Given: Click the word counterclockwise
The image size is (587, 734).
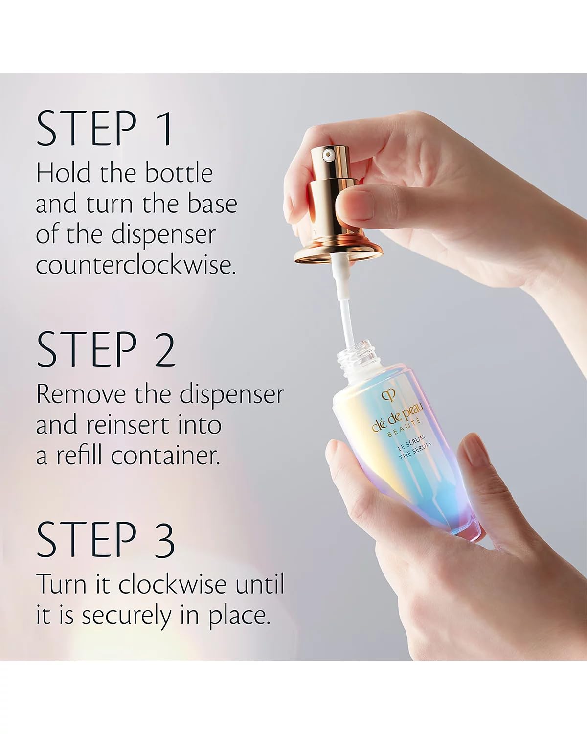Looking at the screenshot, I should (x=135, y=265).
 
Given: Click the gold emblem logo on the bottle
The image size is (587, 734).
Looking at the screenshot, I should (x=389, y=394).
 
